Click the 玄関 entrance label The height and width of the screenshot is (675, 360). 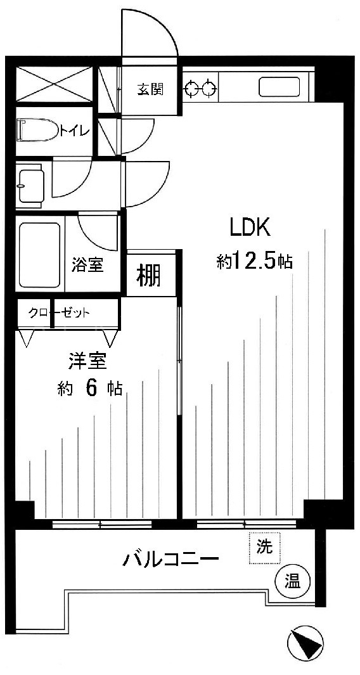[x=150, y=91]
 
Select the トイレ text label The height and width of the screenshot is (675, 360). [x=75, y=131]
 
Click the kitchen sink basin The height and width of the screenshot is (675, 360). [x=279, y=87]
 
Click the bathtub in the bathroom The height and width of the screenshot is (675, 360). [x=39, y=255]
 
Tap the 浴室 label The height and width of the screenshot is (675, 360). [x=87, y=265]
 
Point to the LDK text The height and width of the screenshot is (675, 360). [x=250, y=228]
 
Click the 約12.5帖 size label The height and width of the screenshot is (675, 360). [x=255, y=261]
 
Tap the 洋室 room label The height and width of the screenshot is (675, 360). [x=87, y=362]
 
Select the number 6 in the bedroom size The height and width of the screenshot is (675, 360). [x=91, y=389]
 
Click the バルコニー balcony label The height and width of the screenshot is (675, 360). [x=171, y=560]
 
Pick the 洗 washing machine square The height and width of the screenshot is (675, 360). [x=265, y=547]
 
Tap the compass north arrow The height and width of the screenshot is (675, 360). [x=305, y=645]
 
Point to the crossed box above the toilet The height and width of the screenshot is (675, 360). [x=55, y=84]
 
